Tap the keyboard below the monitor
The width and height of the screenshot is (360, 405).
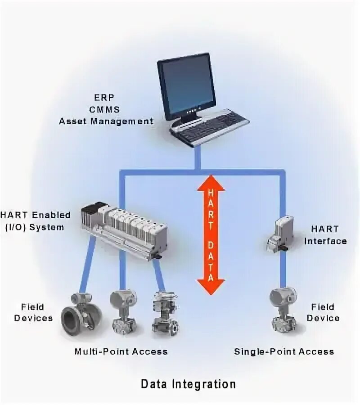pos(210,126)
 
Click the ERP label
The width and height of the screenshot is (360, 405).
pos(106,97)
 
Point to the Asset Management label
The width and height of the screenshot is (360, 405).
pos(106,121)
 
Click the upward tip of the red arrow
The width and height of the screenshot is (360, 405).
pos(211,178)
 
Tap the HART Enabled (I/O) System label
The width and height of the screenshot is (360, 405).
pos(36,221)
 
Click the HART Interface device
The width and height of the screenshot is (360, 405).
pos(280,233)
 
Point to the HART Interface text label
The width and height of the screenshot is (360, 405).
pos(325,235)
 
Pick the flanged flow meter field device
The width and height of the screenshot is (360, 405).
pos(81,315)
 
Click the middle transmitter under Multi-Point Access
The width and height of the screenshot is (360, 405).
pos(123,312)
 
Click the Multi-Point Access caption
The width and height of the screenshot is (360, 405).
pos(121,351)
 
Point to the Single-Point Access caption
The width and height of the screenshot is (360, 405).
pos(284,351)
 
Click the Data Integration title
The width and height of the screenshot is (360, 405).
pos(188,384)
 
